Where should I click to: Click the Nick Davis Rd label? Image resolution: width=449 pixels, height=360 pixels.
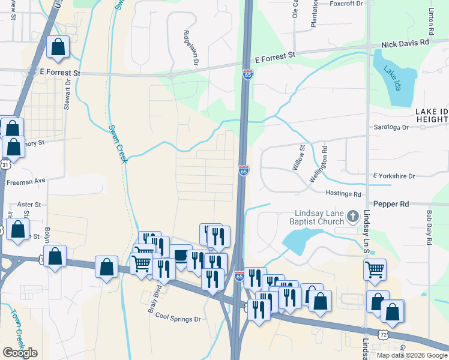(x=406, y=43)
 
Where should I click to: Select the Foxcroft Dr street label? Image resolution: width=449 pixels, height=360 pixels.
(x=347, y=4)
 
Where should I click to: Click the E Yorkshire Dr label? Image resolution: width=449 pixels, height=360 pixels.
(x=394, y=176)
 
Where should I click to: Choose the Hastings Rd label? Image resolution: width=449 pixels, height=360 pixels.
(x=343, y=194)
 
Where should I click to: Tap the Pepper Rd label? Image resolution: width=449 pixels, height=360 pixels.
(x=391, y=204)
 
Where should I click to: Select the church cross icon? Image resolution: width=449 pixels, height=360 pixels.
(x=353, y=215)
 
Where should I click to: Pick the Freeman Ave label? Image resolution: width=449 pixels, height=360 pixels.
(x=25, y=181)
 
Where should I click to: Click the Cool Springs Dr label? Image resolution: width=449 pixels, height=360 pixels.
(x=177, y=318)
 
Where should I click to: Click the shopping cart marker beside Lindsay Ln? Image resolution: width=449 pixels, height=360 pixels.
(x=375, y=269)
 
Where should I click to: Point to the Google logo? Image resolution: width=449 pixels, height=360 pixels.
(x=20, y=352)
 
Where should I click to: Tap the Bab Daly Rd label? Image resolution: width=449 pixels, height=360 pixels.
(x=429, y=226)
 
